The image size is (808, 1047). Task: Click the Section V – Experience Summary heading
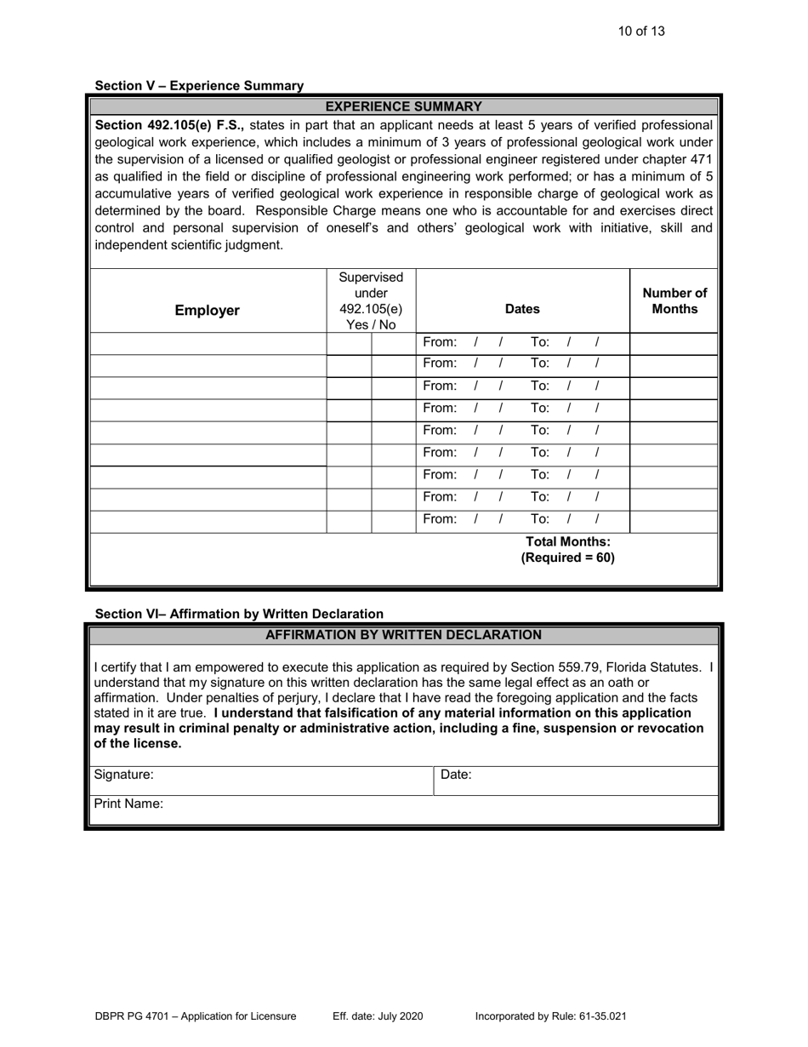[x=199, y=85]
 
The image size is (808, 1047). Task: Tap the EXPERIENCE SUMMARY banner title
[x=404, y=106]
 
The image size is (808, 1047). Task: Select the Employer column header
[x=207, y=310]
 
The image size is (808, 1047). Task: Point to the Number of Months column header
[x=674, y=301]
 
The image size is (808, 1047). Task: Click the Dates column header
[x=522, y=310]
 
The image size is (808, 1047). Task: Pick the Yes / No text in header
[x=371, y=324]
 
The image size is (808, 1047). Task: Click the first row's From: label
[x=439, y=342]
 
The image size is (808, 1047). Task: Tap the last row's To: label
[x=539, y=519]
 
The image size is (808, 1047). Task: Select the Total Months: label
[x=568, y=541]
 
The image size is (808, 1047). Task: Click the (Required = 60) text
[x=567, y=558]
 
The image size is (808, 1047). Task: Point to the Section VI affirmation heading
[x=239, y=614]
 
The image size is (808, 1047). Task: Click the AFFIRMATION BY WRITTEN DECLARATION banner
[x=404, y=635]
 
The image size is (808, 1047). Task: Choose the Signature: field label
[x=124, y=775]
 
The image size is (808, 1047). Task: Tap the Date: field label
[x=456, y=775]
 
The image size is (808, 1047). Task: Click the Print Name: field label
[x=128, y=804]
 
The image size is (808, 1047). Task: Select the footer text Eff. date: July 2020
[x=378, y=1016]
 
